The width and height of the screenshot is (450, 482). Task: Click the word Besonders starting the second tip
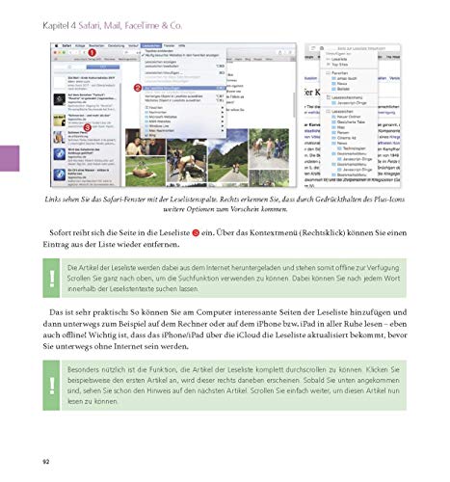91,369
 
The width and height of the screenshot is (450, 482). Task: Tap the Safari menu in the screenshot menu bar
69,45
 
